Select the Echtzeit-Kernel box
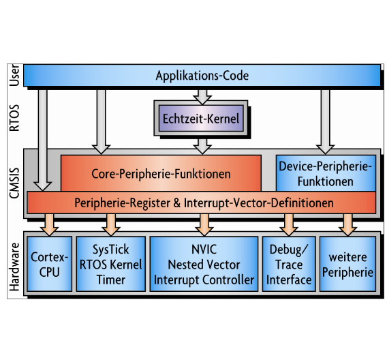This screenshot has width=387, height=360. coord(201,118)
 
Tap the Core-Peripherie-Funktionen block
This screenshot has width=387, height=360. coord(161,173)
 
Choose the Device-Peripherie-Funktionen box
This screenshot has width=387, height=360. coord(325,173)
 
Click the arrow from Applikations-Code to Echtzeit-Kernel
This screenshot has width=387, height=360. coord(202,94)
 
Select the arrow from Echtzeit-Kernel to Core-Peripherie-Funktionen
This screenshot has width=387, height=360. coord(202,144)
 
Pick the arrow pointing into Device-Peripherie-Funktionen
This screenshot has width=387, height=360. coord(325,119)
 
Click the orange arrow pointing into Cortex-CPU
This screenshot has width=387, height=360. coord(49,222)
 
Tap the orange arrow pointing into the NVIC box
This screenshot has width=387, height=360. coord(203,222)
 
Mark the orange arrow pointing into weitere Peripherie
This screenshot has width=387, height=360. coord(347,222)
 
